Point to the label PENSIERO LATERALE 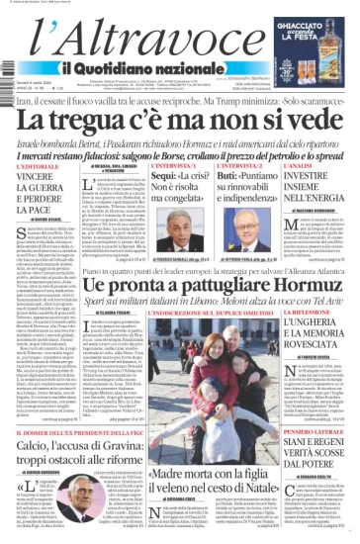320,432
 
